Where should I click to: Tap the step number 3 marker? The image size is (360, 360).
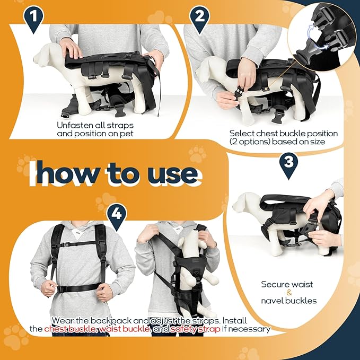click(x=287, y=162)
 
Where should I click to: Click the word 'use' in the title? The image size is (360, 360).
click(x=169, y=173)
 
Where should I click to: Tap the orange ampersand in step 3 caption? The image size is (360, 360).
click(x=288, y=292)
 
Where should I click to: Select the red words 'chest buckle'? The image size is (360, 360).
click(x=69, y=329)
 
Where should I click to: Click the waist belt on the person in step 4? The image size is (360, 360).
click(x=78, y=288)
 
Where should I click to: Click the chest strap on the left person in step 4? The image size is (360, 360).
click(x=78, y=244)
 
